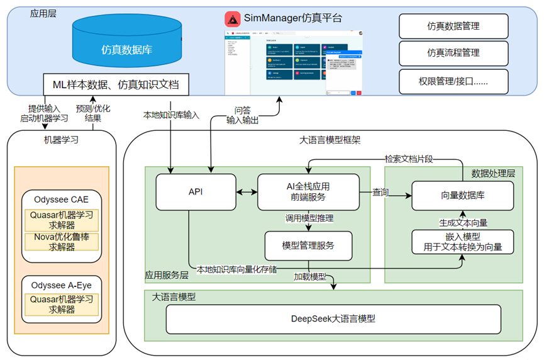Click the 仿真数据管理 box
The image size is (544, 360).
click(453, 26)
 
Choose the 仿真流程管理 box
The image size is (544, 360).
click(453, 53)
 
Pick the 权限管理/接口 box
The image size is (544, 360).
click(453, 81)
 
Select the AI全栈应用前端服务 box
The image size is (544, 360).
click(308, 192)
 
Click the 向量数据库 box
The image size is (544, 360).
click(463, 195)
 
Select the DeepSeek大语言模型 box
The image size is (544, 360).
click(333, 319)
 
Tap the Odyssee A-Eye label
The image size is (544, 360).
click(62, 285)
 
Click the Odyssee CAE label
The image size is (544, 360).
click(61, 200)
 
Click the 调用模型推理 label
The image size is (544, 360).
click(309, 218)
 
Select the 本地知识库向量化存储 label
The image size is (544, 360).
click(236, 269)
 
